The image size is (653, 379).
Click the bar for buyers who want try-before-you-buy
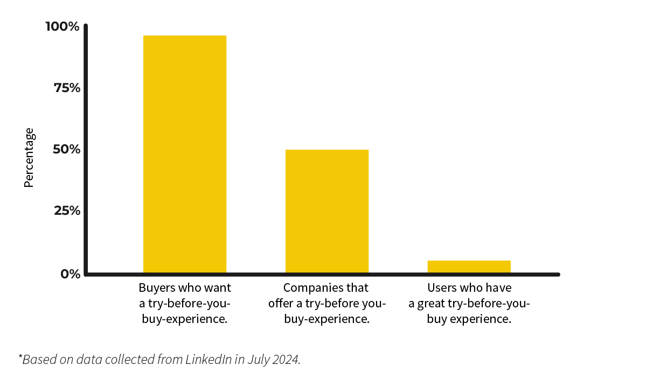tap(184, 154)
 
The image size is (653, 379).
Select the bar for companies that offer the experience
tap(326, 211)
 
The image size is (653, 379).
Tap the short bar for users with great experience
tap(469, 266)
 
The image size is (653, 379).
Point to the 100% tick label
tap(62, 26)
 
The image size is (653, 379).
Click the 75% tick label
tap(67, 88)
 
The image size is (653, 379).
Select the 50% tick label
tap(66, 149)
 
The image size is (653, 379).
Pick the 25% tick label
tap(67, 210)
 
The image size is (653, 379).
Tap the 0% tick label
tap(70, 274)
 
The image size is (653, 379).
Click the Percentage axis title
tap(29, 158)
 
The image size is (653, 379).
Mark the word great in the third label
tap(432, 304)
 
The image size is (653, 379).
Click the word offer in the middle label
tap(280, 304)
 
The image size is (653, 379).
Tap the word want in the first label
tap(219, 287)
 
